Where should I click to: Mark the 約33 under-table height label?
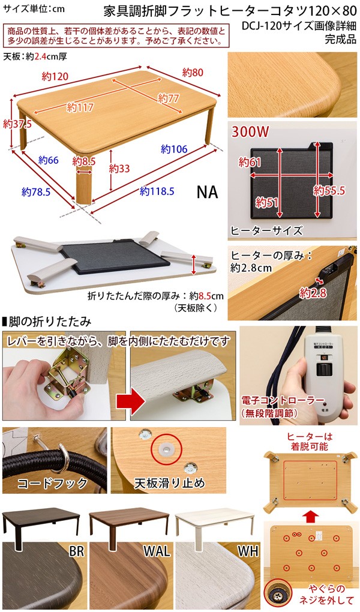(119, 169)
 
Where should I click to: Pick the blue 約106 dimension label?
(175, 149)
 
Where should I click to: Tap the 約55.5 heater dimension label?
(329, 190)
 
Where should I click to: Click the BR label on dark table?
(76, 551)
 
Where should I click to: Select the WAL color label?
(157, 551)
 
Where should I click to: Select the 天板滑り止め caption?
(169, 483)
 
